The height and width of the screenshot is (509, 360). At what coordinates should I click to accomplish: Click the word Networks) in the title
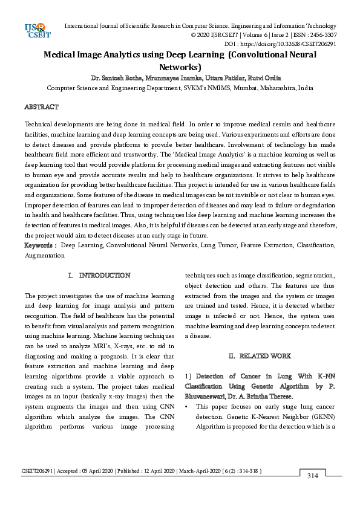pyautogui.click(x=180, y=67)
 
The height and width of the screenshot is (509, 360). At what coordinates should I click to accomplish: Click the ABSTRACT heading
pyautogui.click(x=41, y=106)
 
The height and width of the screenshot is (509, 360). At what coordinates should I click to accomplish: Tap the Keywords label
pyautogui.click(x=40, y=245)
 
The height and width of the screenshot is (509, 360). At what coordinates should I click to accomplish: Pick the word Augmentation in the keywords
pyautogui.click(x=44, y=255)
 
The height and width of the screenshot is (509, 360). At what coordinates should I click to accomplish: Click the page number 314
pyautogui.click(x=312, y=476)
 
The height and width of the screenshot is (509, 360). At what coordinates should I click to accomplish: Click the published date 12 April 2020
pyautogui.click(x=155, y=470)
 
